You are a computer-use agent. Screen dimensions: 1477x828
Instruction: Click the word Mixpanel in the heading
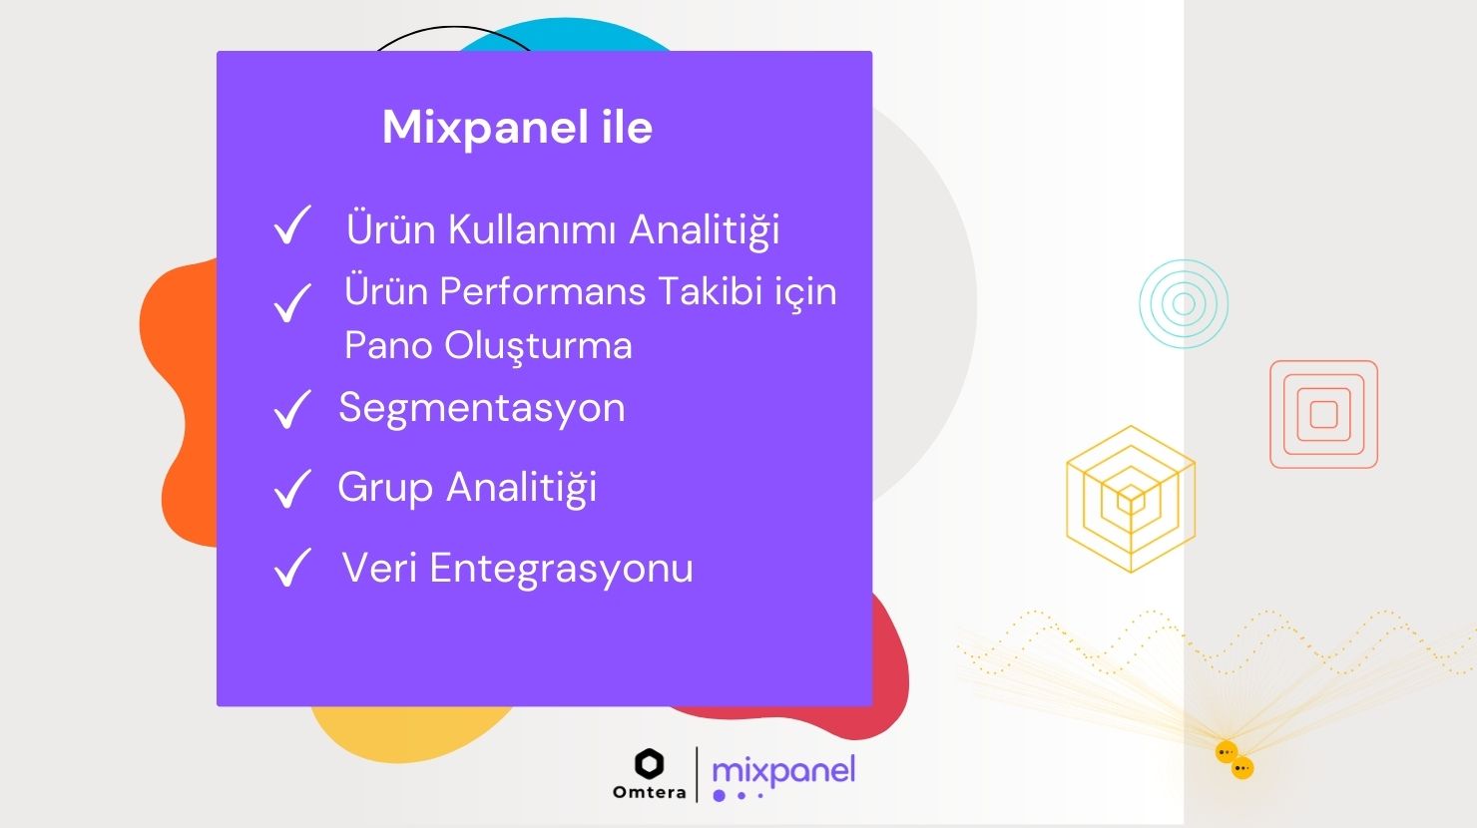point(485,128)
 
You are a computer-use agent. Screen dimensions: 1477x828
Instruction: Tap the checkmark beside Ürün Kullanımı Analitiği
point(291,224)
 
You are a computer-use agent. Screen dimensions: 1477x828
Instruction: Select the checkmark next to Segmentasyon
point(291,409)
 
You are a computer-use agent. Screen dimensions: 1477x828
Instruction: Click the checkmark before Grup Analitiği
point(291,489)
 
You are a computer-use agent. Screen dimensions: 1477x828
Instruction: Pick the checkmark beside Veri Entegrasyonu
point(291,567)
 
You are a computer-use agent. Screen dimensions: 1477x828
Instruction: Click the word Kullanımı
point(533,229)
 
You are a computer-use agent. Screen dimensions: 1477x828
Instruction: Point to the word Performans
point(542,292)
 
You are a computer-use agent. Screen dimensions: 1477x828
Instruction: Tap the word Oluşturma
point(538,346)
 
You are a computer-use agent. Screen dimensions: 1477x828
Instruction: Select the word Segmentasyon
point(482,409)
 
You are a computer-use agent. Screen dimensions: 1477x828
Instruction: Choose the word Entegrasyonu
point(561,569)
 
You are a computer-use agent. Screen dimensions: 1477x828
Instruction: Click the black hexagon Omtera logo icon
point(650,764)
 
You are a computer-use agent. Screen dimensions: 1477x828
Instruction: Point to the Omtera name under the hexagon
point(650,792)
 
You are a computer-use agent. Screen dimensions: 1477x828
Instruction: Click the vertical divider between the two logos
point(697,774)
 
